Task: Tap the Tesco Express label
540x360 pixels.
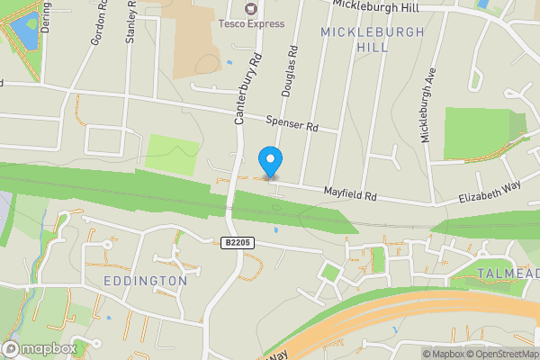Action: coord(249,24)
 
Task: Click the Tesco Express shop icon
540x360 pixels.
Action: coord(250,9)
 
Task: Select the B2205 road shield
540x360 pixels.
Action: coord(236,242)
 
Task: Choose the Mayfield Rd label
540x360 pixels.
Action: coord(350,193)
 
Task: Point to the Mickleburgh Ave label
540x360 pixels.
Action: coord(428,103)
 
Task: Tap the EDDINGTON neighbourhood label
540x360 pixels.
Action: coord(145,281)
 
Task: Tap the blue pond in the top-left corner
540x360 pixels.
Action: coord(21,31)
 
